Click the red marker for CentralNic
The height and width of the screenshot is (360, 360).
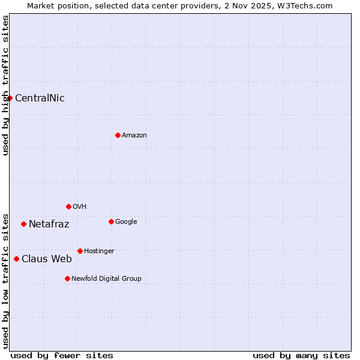[x=10, y=98]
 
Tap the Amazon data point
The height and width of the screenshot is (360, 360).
[x=118, y=135]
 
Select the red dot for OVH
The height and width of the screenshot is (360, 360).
[x=68, y=206]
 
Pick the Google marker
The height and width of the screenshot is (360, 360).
[x=111, y=221]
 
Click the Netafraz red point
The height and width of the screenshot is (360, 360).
[x=23, y=224]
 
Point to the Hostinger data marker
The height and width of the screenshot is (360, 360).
[x=80, y=251]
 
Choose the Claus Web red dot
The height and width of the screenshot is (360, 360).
[x=16, y=259]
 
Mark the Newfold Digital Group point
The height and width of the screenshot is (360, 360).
[x=67, y=278]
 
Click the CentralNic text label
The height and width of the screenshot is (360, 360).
[x=40, y=98]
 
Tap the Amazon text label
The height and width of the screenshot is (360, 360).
[x=134, y=136]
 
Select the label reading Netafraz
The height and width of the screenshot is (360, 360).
[x=49, y=224]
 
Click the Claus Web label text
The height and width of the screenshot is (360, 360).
[x=46, y=259]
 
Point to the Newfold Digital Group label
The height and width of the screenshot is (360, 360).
[x=106, y=279]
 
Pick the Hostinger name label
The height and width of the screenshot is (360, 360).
[x=99, y=251]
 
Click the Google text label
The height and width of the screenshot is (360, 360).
[x=126, y=222]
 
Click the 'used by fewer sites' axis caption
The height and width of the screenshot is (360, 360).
[x=62, y=355]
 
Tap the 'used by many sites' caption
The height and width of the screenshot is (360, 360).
[x=301, y=355]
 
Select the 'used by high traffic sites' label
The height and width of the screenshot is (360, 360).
[x=5, y=85]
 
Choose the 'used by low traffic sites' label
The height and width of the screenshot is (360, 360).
[x=5, y=280]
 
